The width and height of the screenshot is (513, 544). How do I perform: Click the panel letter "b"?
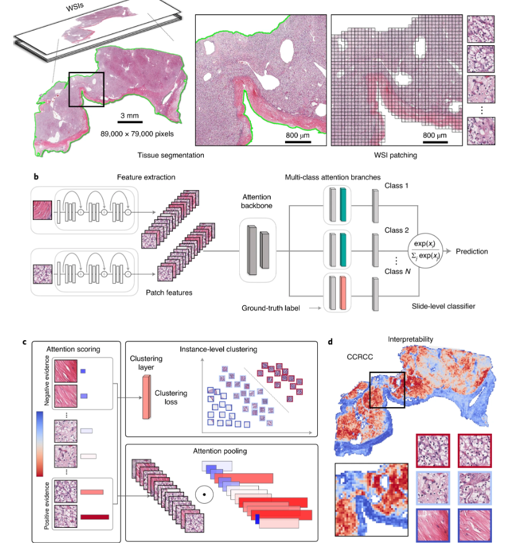click(35, 177)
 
